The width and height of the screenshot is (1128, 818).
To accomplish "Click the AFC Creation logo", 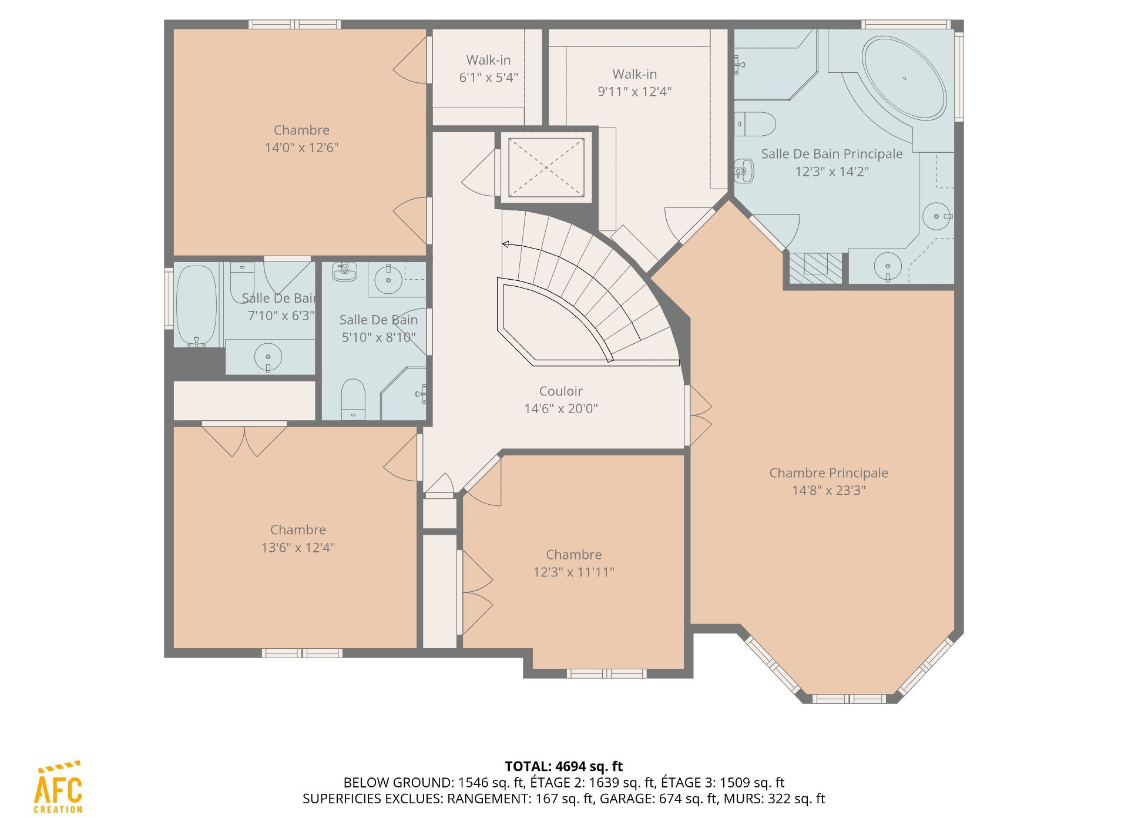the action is pyautogui.click(x=58, y=787).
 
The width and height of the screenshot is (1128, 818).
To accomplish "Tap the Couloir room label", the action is pyautogui.click(x=561, y=391).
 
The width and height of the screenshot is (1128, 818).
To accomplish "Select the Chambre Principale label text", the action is pyautogui.click(x=829, y=473).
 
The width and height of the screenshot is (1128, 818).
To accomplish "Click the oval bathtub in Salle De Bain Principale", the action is pyautogui.click(x=904, y=78).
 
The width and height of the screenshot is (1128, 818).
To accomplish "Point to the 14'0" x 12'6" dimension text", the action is pyautogui.click(x=301, y=147).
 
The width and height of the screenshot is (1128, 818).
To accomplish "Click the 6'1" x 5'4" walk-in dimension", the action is pyautogui.click(x=488, y=78).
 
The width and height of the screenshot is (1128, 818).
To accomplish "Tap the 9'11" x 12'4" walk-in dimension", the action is pyautogui.click(x=634, y=92).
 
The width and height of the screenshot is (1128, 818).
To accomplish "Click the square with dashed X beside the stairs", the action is pyautogui.click(x=546, y=167).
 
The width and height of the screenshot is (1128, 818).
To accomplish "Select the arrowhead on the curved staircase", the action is pyautogui.click(x=505, y=244).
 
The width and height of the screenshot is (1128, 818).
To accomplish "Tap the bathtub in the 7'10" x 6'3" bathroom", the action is pyautogui.click(x=196, y=306).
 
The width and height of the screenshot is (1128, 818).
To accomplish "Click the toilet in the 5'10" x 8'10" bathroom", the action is pyautogui.click(x=353, y=399).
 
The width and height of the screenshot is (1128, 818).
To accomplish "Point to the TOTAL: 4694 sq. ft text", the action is pyautogui.click(x=564, y=766).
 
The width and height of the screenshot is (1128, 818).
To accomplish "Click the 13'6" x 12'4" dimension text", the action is pyautogui.click(x=298, y=548).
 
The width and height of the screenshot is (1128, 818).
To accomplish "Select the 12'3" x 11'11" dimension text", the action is pyautogui.click(x=574, y=572).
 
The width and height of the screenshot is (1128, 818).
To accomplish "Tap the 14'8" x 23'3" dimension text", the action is pyautogui.click(x=829, y=490).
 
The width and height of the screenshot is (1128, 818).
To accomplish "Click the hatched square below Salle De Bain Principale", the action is pyautogui.click(x=815, y=268).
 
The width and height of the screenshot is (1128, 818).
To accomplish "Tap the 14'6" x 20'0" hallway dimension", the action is pyautogui.click(x=561, y=408).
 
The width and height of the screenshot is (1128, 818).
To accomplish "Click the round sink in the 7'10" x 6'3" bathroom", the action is pyautogui.click(x=268, y=357).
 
